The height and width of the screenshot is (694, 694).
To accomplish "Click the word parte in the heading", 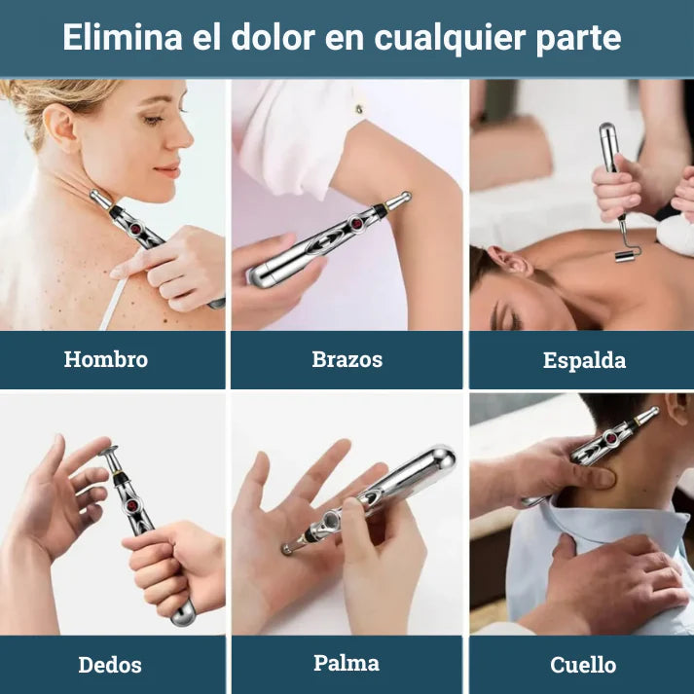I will point(580,38).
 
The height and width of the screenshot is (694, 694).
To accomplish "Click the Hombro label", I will point(106,359).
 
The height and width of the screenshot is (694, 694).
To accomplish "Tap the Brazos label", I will point(347,359).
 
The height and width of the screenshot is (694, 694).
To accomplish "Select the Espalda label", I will point(584,360).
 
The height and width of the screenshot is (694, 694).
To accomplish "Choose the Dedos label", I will point(110,665).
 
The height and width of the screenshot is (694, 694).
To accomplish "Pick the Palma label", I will point(347,663).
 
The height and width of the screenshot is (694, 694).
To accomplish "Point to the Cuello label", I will point(583,665).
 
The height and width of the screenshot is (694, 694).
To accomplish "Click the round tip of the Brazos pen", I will point(401,200).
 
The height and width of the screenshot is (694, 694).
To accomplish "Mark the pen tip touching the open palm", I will point(287,549).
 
